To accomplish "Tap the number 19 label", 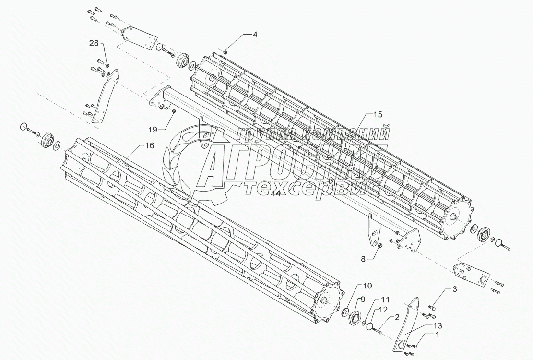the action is (x=153, y=129).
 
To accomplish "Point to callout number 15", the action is (x=378, y=115).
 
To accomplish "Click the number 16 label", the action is (x=149, y=146).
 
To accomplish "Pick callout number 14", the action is (x=275, y=193).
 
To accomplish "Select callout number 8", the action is (x=363, y=259).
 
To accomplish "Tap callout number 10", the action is (x=367, y=286).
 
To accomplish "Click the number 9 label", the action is (x=363, y=299).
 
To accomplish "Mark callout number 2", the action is (x=397, y=317).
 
